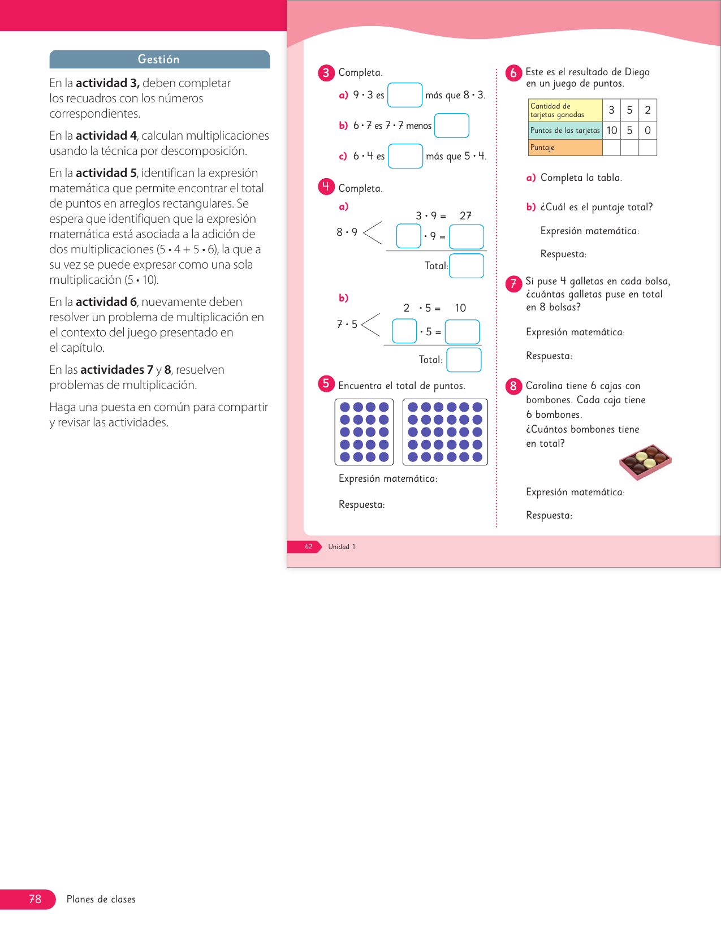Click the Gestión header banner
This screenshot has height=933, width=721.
[x=159, y=59]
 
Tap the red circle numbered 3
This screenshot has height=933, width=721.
[x=326, y=73]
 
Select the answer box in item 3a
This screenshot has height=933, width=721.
[x=405, y=95]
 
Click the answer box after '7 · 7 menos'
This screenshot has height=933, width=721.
[x=451, y=126]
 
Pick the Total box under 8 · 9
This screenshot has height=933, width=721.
[x=467, y=266]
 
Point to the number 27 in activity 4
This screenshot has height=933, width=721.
[x=465, y=216]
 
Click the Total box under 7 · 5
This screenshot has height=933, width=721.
[x=464, y=360]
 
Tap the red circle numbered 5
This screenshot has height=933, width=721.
[x=326, y=384]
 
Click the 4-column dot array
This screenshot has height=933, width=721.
[x=364, y=432]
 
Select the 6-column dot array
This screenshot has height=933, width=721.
[x=445, y=432]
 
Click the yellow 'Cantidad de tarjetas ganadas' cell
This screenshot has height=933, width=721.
[x=565, y=110]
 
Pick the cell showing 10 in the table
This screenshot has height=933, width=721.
[x=611, y=131]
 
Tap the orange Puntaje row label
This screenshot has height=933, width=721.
[x=565, y=148]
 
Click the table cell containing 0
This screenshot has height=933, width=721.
[x=647, y=131]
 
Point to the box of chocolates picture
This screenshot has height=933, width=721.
[x=645, y=461]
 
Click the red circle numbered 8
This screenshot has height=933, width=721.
[x=513, y=386]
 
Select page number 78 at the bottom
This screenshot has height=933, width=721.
[x=35, y=899]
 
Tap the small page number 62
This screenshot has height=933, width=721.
[x=308, y=547]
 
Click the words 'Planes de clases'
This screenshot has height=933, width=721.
[x=101, y=899]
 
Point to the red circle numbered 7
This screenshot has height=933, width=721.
[x=513, y=283]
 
